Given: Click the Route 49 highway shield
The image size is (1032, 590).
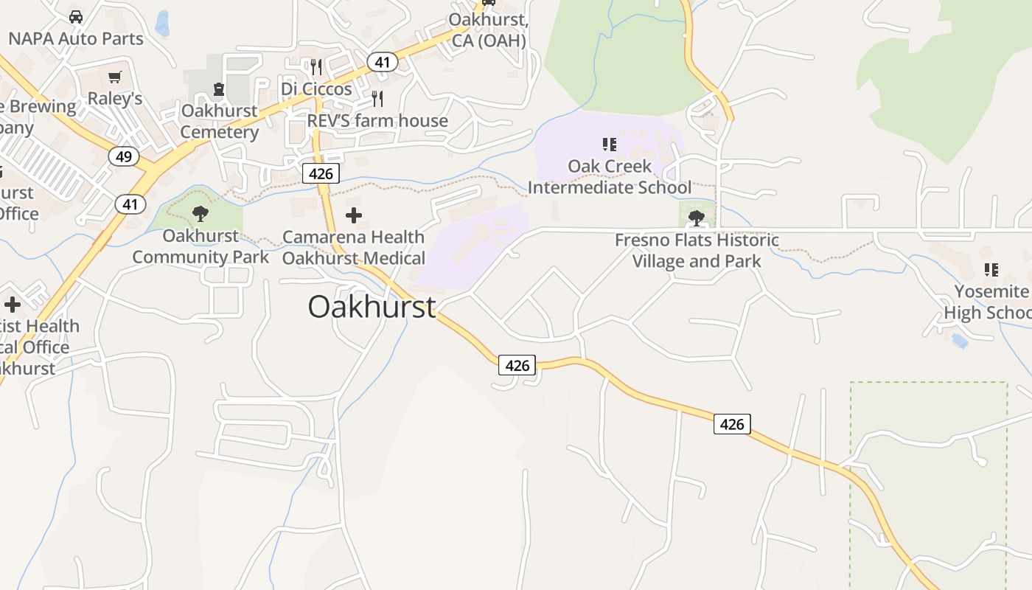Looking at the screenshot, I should pyautogui.click(x=123, y=156).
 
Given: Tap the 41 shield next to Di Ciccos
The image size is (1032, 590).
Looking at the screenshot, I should pyautogui.click(x=382, y=62).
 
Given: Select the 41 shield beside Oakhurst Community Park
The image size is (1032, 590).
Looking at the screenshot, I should pyautogui.click(x=130, y=204).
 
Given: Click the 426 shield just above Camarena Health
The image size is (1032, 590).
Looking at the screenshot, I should pyautogui.click(x=321, y=174).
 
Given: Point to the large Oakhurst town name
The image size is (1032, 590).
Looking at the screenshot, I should pyautogui.click(x=372, y=307).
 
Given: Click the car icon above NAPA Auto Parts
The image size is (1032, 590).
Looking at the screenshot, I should pyautogui.click(x=75, y=16).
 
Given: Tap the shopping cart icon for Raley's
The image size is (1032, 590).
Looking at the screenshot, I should pyautogui.click(x=114, y=77).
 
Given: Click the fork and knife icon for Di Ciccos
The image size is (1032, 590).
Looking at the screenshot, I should pyautogui.click(x=316, y=68).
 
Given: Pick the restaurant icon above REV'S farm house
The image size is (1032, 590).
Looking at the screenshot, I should pyautogui.click(x=377, y=99).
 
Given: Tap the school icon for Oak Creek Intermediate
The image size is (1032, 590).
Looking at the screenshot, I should pyautogui.click(x=609, y=144).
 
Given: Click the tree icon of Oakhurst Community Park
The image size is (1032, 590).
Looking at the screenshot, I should pyautogui.click(x=200, y=215).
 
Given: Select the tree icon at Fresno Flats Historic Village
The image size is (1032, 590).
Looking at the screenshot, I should pyautogui.click(x=696, y=218).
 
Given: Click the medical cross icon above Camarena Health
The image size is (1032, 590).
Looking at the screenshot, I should pyautogui.click(x=354, y=215).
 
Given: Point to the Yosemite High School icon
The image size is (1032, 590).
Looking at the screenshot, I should pyautogui.click(x=991, y=270).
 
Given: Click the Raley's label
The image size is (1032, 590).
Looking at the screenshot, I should pyautogui.click(x=115, y=98).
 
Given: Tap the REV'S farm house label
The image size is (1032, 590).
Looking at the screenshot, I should pyautogui.click(x=377, y=120).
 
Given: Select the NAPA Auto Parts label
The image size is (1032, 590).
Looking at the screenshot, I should pyautogui.click(x=76, y=38).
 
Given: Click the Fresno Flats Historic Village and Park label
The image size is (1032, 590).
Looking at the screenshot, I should pyautogui.click(x=697, y=251).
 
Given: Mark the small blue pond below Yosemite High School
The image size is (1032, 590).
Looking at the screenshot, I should pyautogui.click(x=959, y=340).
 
